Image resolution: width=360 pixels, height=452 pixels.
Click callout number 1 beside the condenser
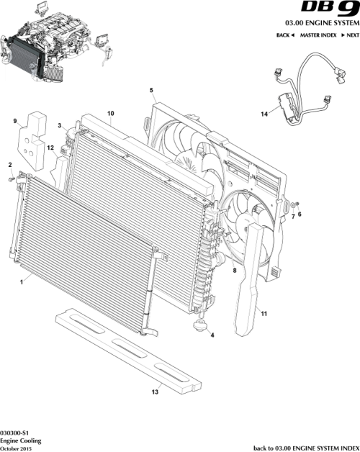22,284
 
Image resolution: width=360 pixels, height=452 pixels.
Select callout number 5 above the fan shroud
151,90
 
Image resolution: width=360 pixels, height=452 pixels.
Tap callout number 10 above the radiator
110,114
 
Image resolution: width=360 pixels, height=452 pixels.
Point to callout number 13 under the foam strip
154,392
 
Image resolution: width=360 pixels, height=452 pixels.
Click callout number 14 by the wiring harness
264,114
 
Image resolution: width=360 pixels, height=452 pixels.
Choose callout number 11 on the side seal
264,314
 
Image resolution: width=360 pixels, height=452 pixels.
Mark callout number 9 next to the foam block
14,122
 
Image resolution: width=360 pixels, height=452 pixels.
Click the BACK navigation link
285,35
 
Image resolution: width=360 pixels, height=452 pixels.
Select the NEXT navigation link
350,35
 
